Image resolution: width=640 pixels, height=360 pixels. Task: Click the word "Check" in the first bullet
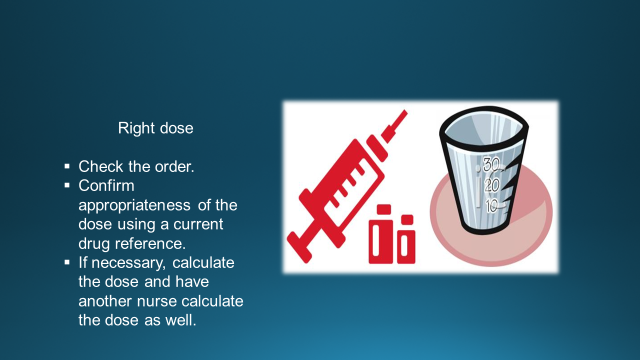tap(100, 166)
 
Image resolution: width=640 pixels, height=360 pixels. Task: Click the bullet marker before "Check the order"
tap(67, 166)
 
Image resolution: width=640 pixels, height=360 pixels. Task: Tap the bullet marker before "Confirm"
tap(67, 185)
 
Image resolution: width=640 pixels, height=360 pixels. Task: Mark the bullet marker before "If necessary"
tap(67, 262)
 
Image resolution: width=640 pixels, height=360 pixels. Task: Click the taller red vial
tap(380, 231)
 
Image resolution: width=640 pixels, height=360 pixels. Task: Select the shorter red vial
tap(405, 238)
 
